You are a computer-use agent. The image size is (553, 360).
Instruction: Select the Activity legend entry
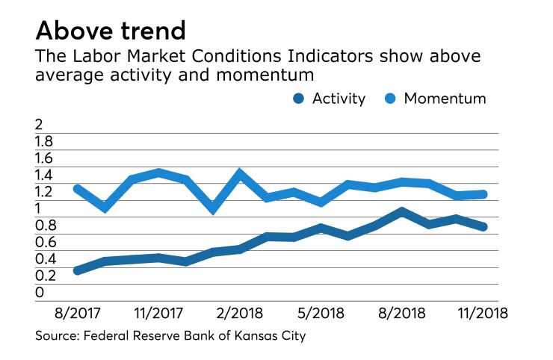click(329, 99)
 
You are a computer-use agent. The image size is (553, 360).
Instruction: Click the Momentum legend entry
click(434, 99)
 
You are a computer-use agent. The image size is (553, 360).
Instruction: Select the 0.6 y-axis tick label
click(45, 242)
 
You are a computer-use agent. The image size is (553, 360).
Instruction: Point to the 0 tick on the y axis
click(40, 292)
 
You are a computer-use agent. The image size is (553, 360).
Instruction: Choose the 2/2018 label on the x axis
click(240, 313)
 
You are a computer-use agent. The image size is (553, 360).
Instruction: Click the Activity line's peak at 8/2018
click(402, 212)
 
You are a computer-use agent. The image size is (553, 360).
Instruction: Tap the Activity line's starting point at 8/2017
click(78, 270)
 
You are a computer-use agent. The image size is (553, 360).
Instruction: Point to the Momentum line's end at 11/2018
click(483, 194)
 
